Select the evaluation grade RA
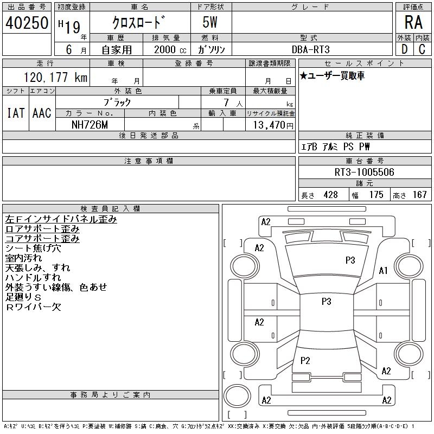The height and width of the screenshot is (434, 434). (x=413, y=23)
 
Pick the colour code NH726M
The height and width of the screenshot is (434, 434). (x=90, y=124)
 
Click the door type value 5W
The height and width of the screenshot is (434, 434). (x=211, y=23)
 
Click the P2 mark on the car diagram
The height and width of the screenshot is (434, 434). (x=305, y=361)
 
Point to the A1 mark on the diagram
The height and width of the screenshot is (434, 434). (x=384, y=271)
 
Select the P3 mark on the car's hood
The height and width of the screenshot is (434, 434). (x=350, y=260)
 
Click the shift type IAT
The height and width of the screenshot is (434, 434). (x=15, y=113)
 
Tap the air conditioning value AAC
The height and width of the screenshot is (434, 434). (x=42, y=113)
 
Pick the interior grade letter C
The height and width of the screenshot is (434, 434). (x=422, y=49)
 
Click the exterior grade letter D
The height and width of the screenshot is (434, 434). (x=404, y=49)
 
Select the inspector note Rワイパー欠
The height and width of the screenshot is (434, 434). (x=34, y=307)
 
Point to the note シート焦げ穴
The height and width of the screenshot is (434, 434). (x=34, y=248)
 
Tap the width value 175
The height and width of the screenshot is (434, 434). (x=376, y=195)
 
